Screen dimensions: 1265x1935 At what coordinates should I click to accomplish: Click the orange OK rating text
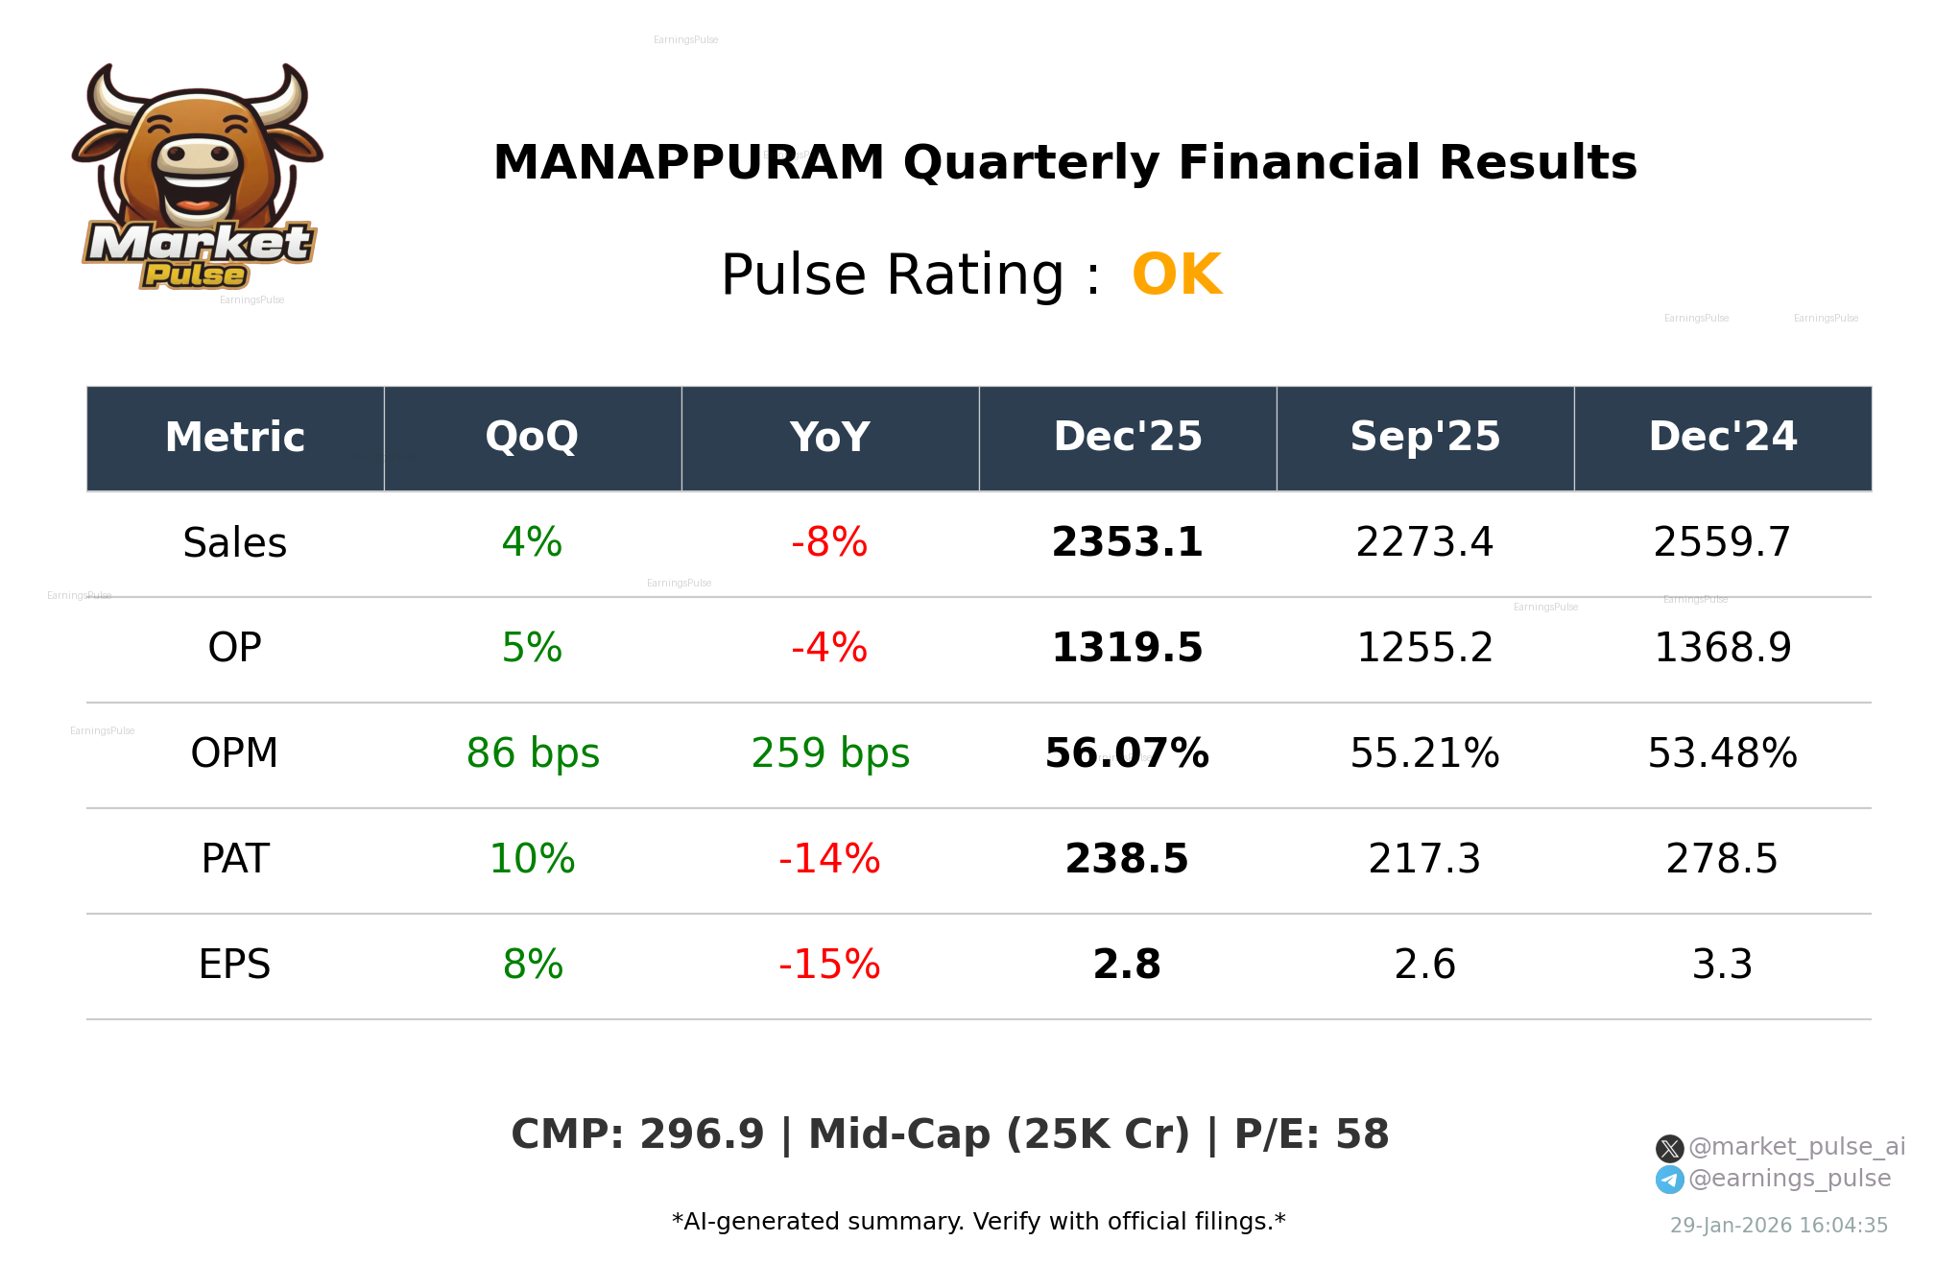click(x=1176, y=275)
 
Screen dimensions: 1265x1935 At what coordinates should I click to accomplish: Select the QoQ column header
click(x=532, y=438)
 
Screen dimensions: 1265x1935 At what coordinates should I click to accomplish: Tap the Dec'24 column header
click(x=1722, y=438)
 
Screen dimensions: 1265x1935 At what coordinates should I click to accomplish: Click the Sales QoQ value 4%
click(x=532, y=543)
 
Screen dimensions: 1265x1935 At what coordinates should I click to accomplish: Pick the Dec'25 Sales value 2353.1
click(x=1127, y=543)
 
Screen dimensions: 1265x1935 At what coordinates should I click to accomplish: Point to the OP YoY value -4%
click(x=829, y=649)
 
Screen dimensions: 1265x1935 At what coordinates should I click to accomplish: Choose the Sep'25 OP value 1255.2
click(x=1424, y=649)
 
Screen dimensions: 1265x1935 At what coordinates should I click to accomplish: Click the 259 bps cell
click(x=829, y=754)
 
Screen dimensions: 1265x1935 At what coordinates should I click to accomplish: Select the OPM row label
click(x=234, y=754)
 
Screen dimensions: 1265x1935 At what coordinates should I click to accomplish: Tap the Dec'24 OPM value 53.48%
click(x=1722, y=754)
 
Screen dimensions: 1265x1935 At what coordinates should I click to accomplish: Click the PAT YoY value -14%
click(x=829, y=860)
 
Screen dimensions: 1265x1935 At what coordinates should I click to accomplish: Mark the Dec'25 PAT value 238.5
click(x=1127, y=860)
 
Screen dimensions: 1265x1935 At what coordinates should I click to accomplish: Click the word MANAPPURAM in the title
click(x=688, y=163)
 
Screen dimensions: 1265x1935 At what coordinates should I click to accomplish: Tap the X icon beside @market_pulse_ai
click(x=1669, y=1149)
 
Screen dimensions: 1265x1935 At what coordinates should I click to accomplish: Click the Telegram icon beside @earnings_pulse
click(x=1669, y=1181)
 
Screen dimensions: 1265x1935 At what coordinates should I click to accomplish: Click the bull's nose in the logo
click(x=197, y=155)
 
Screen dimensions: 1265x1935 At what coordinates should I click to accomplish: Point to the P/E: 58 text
click(x=1311, y=1135)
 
